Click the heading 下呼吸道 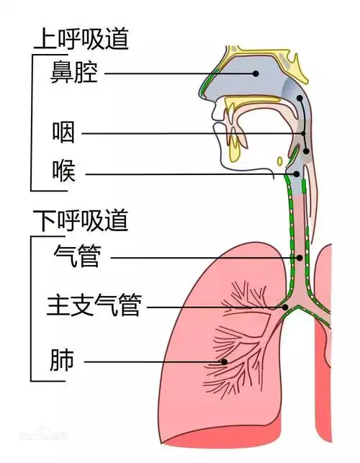(80, 220)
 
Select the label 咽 (63, 133)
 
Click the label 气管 (77, 256)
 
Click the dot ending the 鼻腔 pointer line (256, 73)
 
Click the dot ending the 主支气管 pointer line (286, 307)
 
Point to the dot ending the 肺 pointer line (225, 361)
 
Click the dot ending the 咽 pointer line (304, 134)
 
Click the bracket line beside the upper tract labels (31, 122)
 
